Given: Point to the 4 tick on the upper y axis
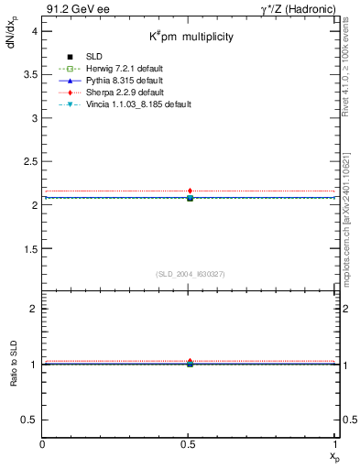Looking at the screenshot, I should pyautogui.click(x=34, y=31).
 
